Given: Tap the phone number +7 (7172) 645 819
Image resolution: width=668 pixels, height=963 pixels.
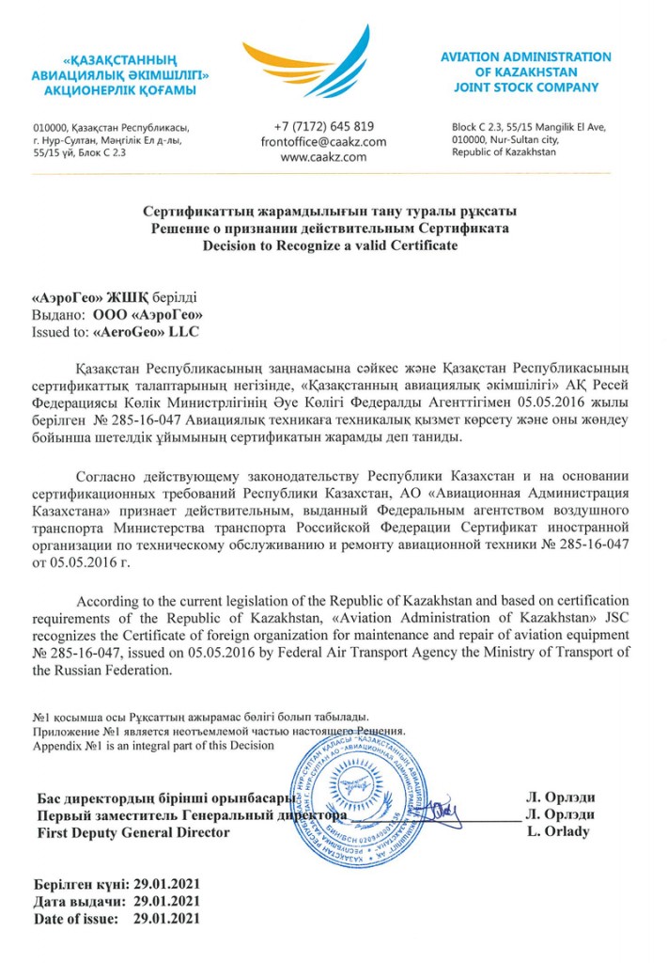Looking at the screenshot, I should [324, 126].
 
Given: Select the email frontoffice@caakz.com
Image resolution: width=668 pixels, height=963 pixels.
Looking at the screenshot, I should [324, 142].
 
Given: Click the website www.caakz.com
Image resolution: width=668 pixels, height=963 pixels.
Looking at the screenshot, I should [324, 158].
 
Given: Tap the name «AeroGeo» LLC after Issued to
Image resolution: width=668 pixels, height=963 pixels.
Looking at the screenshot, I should [148, 332].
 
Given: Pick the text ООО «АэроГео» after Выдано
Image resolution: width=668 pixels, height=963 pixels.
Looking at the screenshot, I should [148, 315].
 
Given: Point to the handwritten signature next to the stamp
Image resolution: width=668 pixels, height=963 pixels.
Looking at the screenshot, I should [441, 812].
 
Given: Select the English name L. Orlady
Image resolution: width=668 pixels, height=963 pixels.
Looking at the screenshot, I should [558, 832].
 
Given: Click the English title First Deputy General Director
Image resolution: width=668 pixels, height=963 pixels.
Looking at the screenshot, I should [132, 833].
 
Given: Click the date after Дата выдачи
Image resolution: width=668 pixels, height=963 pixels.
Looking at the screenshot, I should [167, 902].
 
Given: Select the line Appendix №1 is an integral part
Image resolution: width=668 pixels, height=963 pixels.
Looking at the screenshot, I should [153, 745].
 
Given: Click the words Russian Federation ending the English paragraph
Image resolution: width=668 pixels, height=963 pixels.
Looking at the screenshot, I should [121, 671].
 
